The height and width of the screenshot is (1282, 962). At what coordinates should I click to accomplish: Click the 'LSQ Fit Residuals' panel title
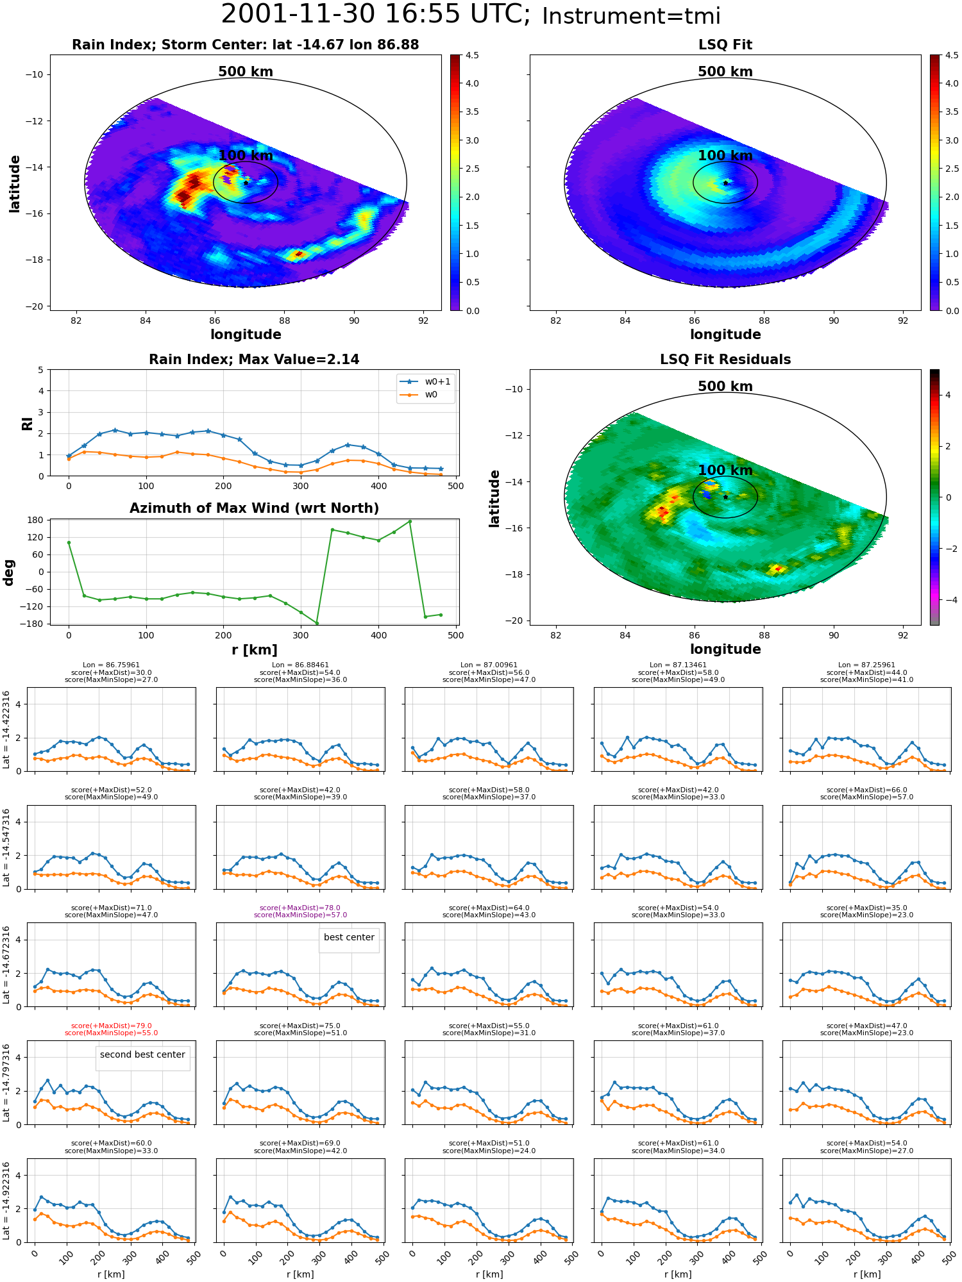(x=725, y=360)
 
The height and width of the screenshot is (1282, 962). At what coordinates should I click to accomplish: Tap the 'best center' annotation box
(x=349, y=937)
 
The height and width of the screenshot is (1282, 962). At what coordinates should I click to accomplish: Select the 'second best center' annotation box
(x=142, y=1054)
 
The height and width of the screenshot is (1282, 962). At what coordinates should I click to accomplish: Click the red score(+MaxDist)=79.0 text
(x=112, y=1026)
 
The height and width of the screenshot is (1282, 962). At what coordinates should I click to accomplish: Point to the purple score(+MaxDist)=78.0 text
(x=300, y=908)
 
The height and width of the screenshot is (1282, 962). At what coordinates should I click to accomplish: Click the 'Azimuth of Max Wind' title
(x=254, y=508)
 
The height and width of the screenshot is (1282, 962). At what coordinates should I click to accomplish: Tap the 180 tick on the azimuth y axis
(x=36, y=520)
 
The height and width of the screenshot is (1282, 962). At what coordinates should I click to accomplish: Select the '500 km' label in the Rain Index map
(x=246, y=72)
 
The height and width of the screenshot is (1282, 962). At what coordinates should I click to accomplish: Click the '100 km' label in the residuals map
(x=725, y=470)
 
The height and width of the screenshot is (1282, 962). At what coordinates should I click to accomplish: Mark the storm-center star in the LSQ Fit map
(x=725, y=183)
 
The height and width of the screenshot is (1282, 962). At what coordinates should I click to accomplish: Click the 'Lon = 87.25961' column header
(x=866, y=665)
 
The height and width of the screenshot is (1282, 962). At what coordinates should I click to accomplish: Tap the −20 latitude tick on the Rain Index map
(x=35, y=306)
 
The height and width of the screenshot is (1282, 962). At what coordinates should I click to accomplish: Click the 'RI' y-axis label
(x=28, y=423)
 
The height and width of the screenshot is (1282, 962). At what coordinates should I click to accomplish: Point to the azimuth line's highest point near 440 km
(x=410, y=522)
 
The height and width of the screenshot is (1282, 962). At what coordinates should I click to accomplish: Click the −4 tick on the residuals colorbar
(x=948, y=600)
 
